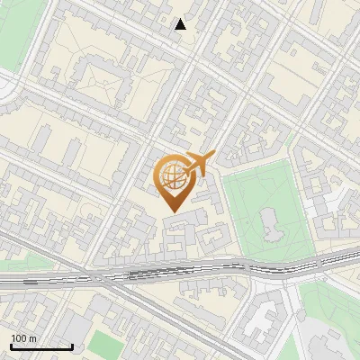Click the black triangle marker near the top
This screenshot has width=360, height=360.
tap(181, 24)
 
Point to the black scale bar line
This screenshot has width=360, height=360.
tap(41, 347)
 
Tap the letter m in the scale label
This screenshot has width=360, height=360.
tap(33, 338)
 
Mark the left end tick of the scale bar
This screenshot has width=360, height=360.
tap(11, 346)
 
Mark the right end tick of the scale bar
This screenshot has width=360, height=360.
tap(72, 346)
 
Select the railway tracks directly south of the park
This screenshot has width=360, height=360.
tap(261, 266)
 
